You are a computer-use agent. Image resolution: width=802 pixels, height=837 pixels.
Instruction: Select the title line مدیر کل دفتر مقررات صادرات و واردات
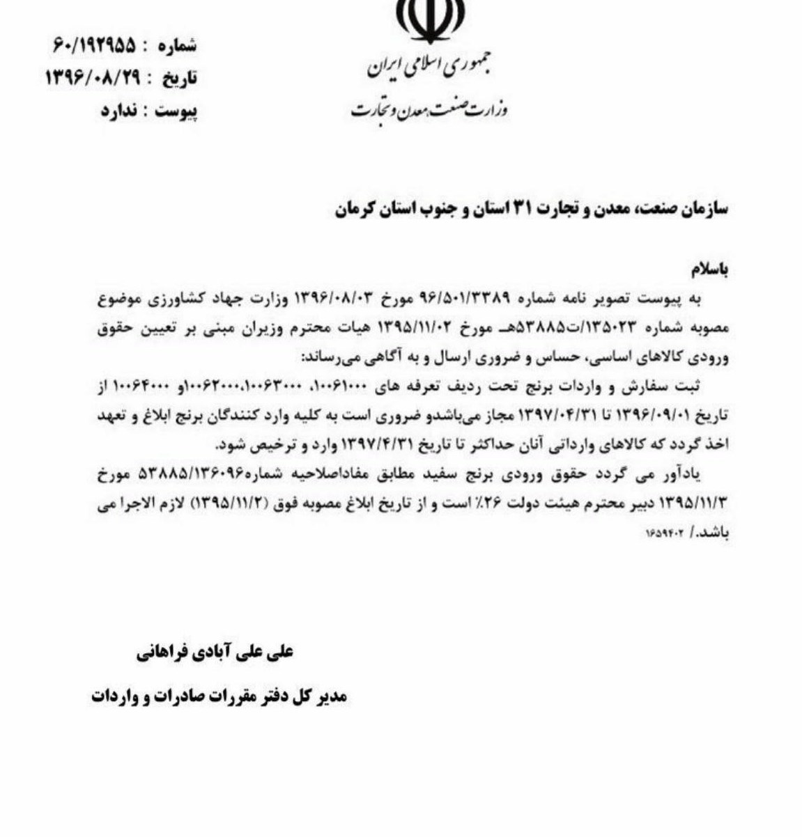click(x=219, y=696)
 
